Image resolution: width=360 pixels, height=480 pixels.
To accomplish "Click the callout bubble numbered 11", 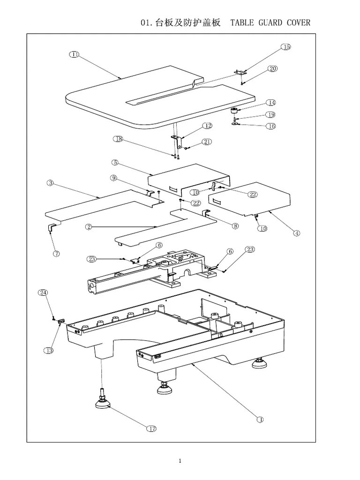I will (74, 54).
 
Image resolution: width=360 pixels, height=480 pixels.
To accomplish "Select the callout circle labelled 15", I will (286, 47).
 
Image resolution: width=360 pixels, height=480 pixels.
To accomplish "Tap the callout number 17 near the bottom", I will (151, 428).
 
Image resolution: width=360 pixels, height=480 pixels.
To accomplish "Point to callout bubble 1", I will (260, 420).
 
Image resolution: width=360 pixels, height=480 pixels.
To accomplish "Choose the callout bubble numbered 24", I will (43, 292).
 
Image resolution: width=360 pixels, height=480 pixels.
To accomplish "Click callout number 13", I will (49, 351).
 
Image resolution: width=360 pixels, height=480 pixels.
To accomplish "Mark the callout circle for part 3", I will (50, 183).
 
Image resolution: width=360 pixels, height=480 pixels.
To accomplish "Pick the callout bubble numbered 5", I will (115, 163).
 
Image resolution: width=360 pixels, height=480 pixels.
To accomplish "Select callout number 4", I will (297, 233).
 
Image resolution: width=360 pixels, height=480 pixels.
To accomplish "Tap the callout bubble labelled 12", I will (207, 126).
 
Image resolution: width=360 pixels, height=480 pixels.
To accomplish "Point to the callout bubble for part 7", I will (57, 254).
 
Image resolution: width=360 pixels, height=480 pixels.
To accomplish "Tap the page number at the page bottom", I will (180, 461).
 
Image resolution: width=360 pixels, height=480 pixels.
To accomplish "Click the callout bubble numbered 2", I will (88, 227).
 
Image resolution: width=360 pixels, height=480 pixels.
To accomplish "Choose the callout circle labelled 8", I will (235, 226).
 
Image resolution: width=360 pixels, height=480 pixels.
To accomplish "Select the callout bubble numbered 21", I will (207, 142).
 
